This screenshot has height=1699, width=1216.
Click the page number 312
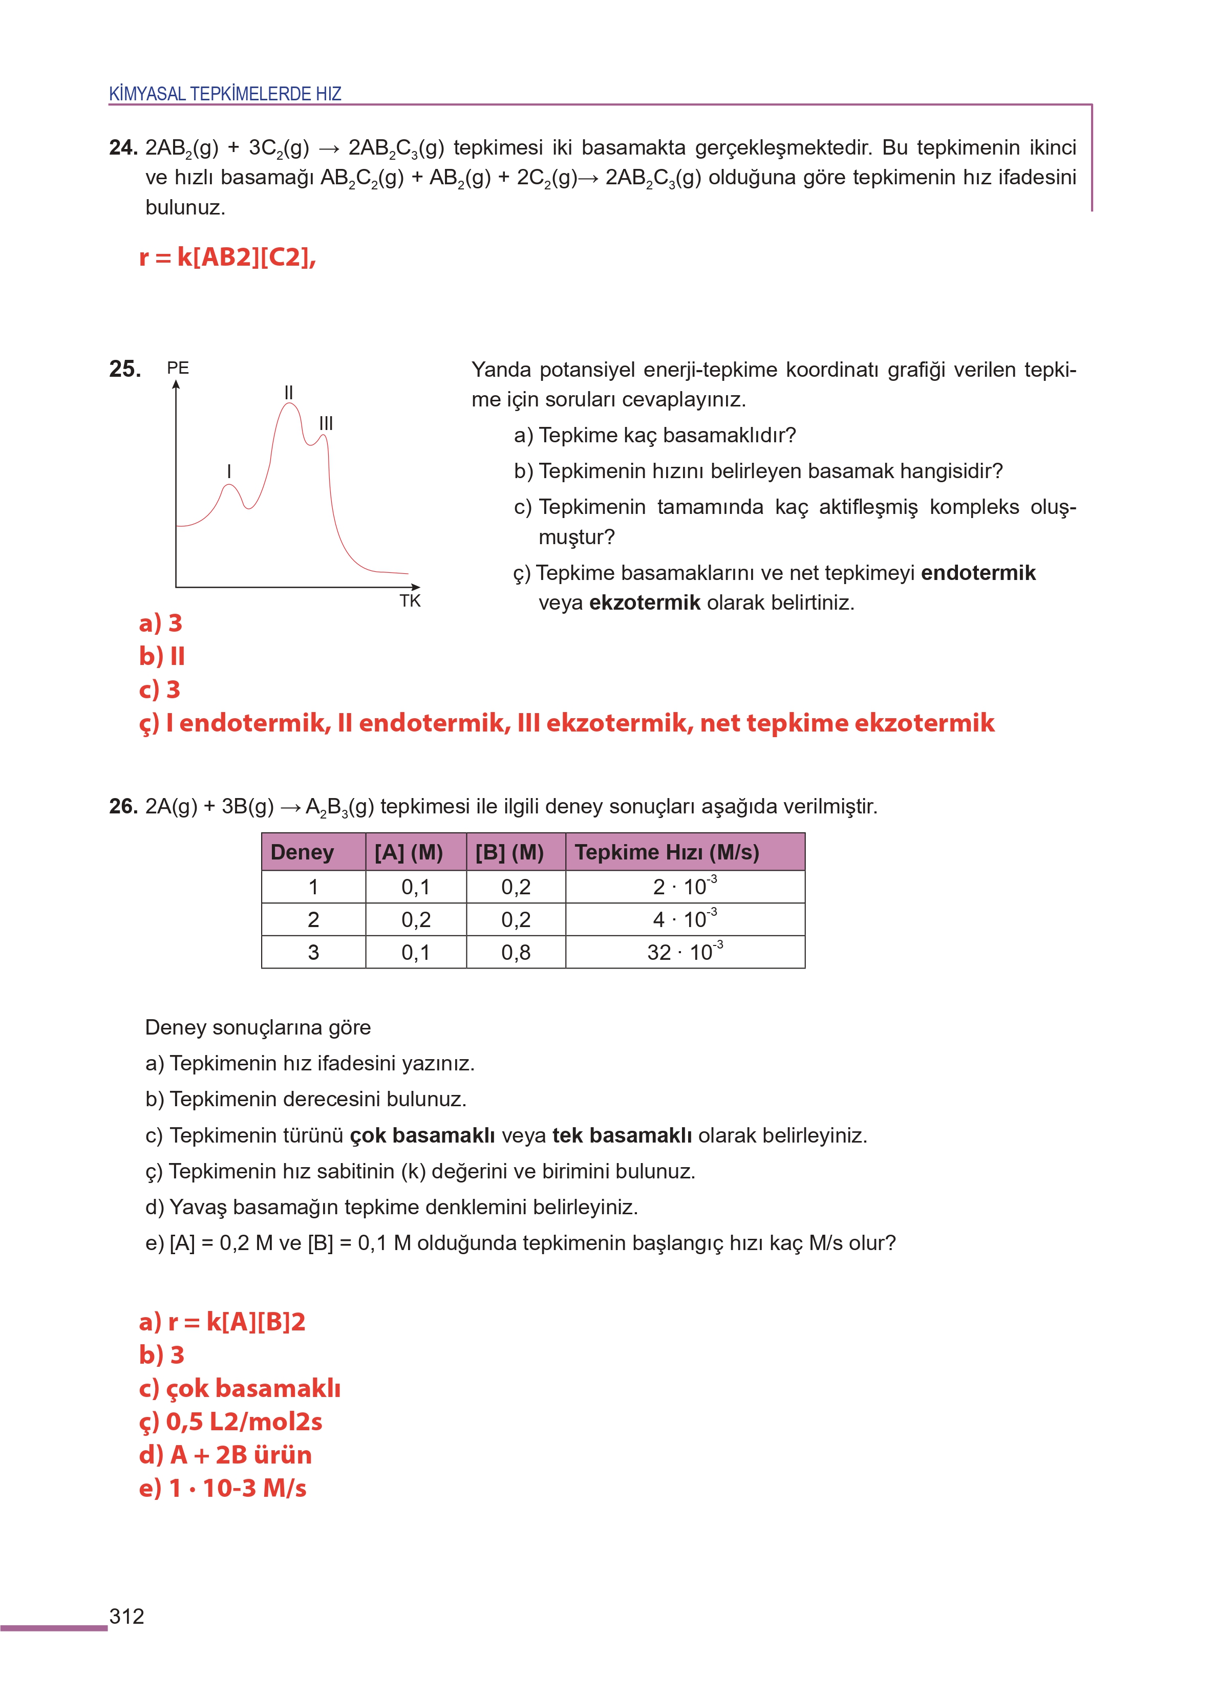point(126,1616)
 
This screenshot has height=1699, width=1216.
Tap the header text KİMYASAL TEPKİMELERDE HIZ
point(225,94)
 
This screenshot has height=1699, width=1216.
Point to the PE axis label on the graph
point(178,368)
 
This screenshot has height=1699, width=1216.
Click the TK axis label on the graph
point(410,600)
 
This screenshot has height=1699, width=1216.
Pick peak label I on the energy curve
point(229,471)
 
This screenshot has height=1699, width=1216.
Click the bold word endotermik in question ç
point(978,573)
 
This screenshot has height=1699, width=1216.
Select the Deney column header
point(303,852)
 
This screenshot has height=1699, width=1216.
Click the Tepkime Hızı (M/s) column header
point(667,852)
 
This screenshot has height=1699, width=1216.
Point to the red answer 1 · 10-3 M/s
point(238,1488)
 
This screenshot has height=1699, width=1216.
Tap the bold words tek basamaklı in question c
point(622,1135)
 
